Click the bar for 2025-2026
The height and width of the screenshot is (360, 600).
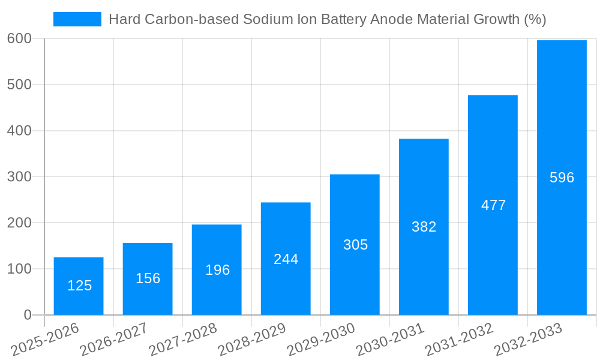point(79,286)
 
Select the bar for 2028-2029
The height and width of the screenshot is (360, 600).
point(286,259)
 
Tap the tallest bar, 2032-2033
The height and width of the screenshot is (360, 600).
point(562,178)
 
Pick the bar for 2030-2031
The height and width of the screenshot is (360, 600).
point(424,227)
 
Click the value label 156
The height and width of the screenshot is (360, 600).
point(148,278)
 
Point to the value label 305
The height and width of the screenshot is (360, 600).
point(355,245)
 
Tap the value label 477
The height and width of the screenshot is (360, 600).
point(493,205)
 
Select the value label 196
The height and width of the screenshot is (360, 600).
point(217,270)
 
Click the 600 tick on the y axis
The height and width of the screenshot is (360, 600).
point(19,38)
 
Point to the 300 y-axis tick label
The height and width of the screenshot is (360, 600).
point(19,176)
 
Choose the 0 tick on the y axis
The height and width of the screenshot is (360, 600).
point(28,315)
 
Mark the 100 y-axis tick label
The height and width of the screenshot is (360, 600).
point(19,269)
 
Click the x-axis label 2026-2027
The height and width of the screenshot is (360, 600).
point(113,340)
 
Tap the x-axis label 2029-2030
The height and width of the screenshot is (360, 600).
point(320,340)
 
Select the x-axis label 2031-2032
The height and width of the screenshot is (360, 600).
point(458,340)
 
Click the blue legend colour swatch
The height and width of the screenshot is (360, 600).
point(77,19)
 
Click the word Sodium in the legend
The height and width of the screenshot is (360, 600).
point(264,19)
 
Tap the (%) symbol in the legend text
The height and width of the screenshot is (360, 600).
point(535,19)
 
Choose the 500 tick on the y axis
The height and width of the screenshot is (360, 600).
point(19,85)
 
